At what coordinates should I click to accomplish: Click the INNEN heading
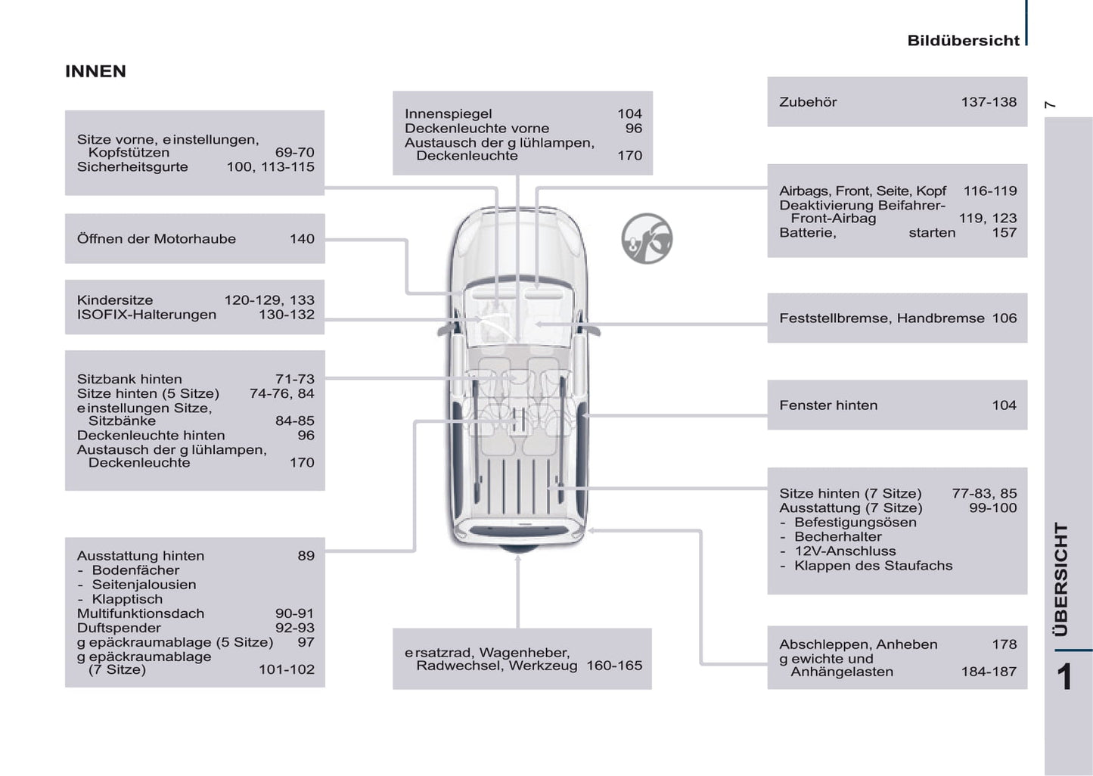(95, 71)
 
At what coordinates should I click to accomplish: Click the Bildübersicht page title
(963, 41)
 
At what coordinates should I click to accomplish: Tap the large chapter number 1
(1064, 677)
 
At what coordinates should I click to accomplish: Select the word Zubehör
(808, 102)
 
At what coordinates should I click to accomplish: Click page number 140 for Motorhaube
(302, 239)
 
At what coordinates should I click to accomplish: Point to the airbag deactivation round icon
(647, 239)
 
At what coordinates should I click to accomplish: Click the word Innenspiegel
(449, 114)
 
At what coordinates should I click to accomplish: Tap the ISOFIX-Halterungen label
(147, 315)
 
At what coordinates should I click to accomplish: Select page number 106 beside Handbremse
(1004, 318)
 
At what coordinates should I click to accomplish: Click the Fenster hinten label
(828, 405)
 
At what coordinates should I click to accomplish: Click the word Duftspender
(119, 628)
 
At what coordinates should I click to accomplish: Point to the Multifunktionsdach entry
(141, 613)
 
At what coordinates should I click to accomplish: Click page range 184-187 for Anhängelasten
(989, 672)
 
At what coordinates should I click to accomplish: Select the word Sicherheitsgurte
(132, 167)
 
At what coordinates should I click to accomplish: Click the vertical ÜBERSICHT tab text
(1061, 579)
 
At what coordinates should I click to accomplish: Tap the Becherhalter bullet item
(837, 537)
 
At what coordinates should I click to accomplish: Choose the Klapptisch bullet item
(127, 599)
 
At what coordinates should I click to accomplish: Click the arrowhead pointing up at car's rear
(518, 559)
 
